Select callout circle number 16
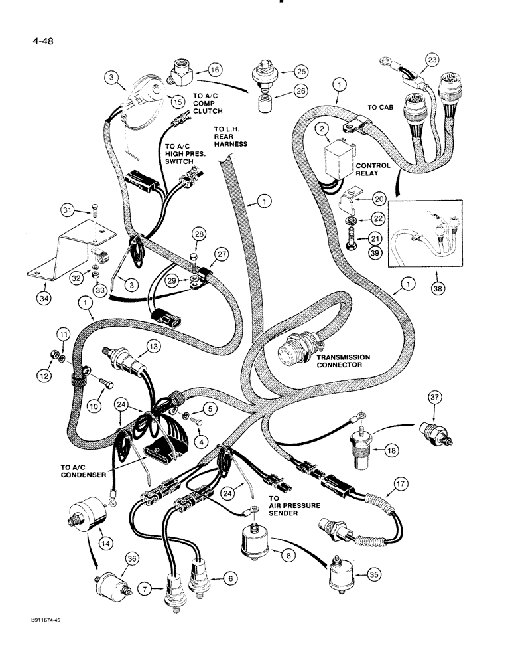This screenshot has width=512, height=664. pos(215,69)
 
